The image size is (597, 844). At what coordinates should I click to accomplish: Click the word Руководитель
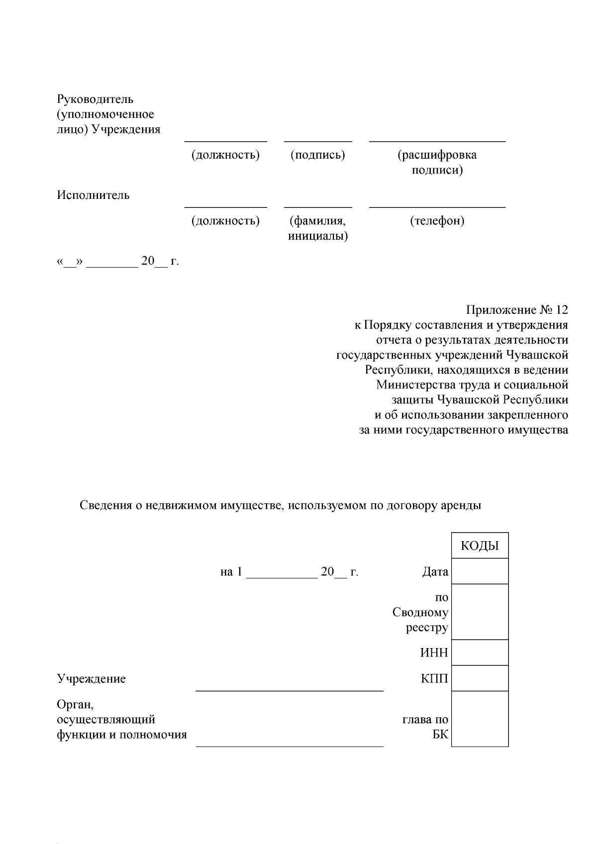pyautogui.click(x=95, y=99)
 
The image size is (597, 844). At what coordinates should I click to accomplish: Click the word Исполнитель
pyautogui.click(x=93, y=195)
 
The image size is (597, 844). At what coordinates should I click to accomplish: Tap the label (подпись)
pyautogui.click(x=318, y=155)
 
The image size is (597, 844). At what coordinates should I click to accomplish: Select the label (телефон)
pyautogui.click(x=437, y=220)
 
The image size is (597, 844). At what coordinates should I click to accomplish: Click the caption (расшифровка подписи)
pyautogui.click(x=437, y=162)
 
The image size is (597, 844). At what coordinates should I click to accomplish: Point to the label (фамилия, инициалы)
pyautogui.click(x=318, y=228)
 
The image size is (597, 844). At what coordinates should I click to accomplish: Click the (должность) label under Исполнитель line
pyautogui.click(x=225, y=220)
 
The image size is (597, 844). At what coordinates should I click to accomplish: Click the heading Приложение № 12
pyautogui.click(x=516, y=310)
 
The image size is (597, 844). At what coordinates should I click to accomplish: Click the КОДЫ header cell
pyautogui.click(x=480, y=546)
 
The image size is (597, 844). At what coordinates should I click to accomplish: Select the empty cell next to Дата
pyautogui.click(x=480, y=571)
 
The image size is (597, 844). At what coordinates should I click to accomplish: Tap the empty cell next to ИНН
pyautogui.click(x=480, y=652)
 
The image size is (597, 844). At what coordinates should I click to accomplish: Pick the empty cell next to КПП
pyautogui.click(x=480, y=678)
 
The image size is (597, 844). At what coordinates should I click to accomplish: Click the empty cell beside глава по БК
pyautogui.click(x=480, y=719)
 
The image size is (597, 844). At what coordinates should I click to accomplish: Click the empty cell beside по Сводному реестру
pyautogui.click(x=480, y=612)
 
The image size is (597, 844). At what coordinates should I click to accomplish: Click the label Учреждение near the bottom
pyautogui.click(x=91, y=678)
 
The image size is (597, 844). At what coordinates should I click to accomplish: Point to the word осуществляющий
pyautogui.click(x=106, y=719)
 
